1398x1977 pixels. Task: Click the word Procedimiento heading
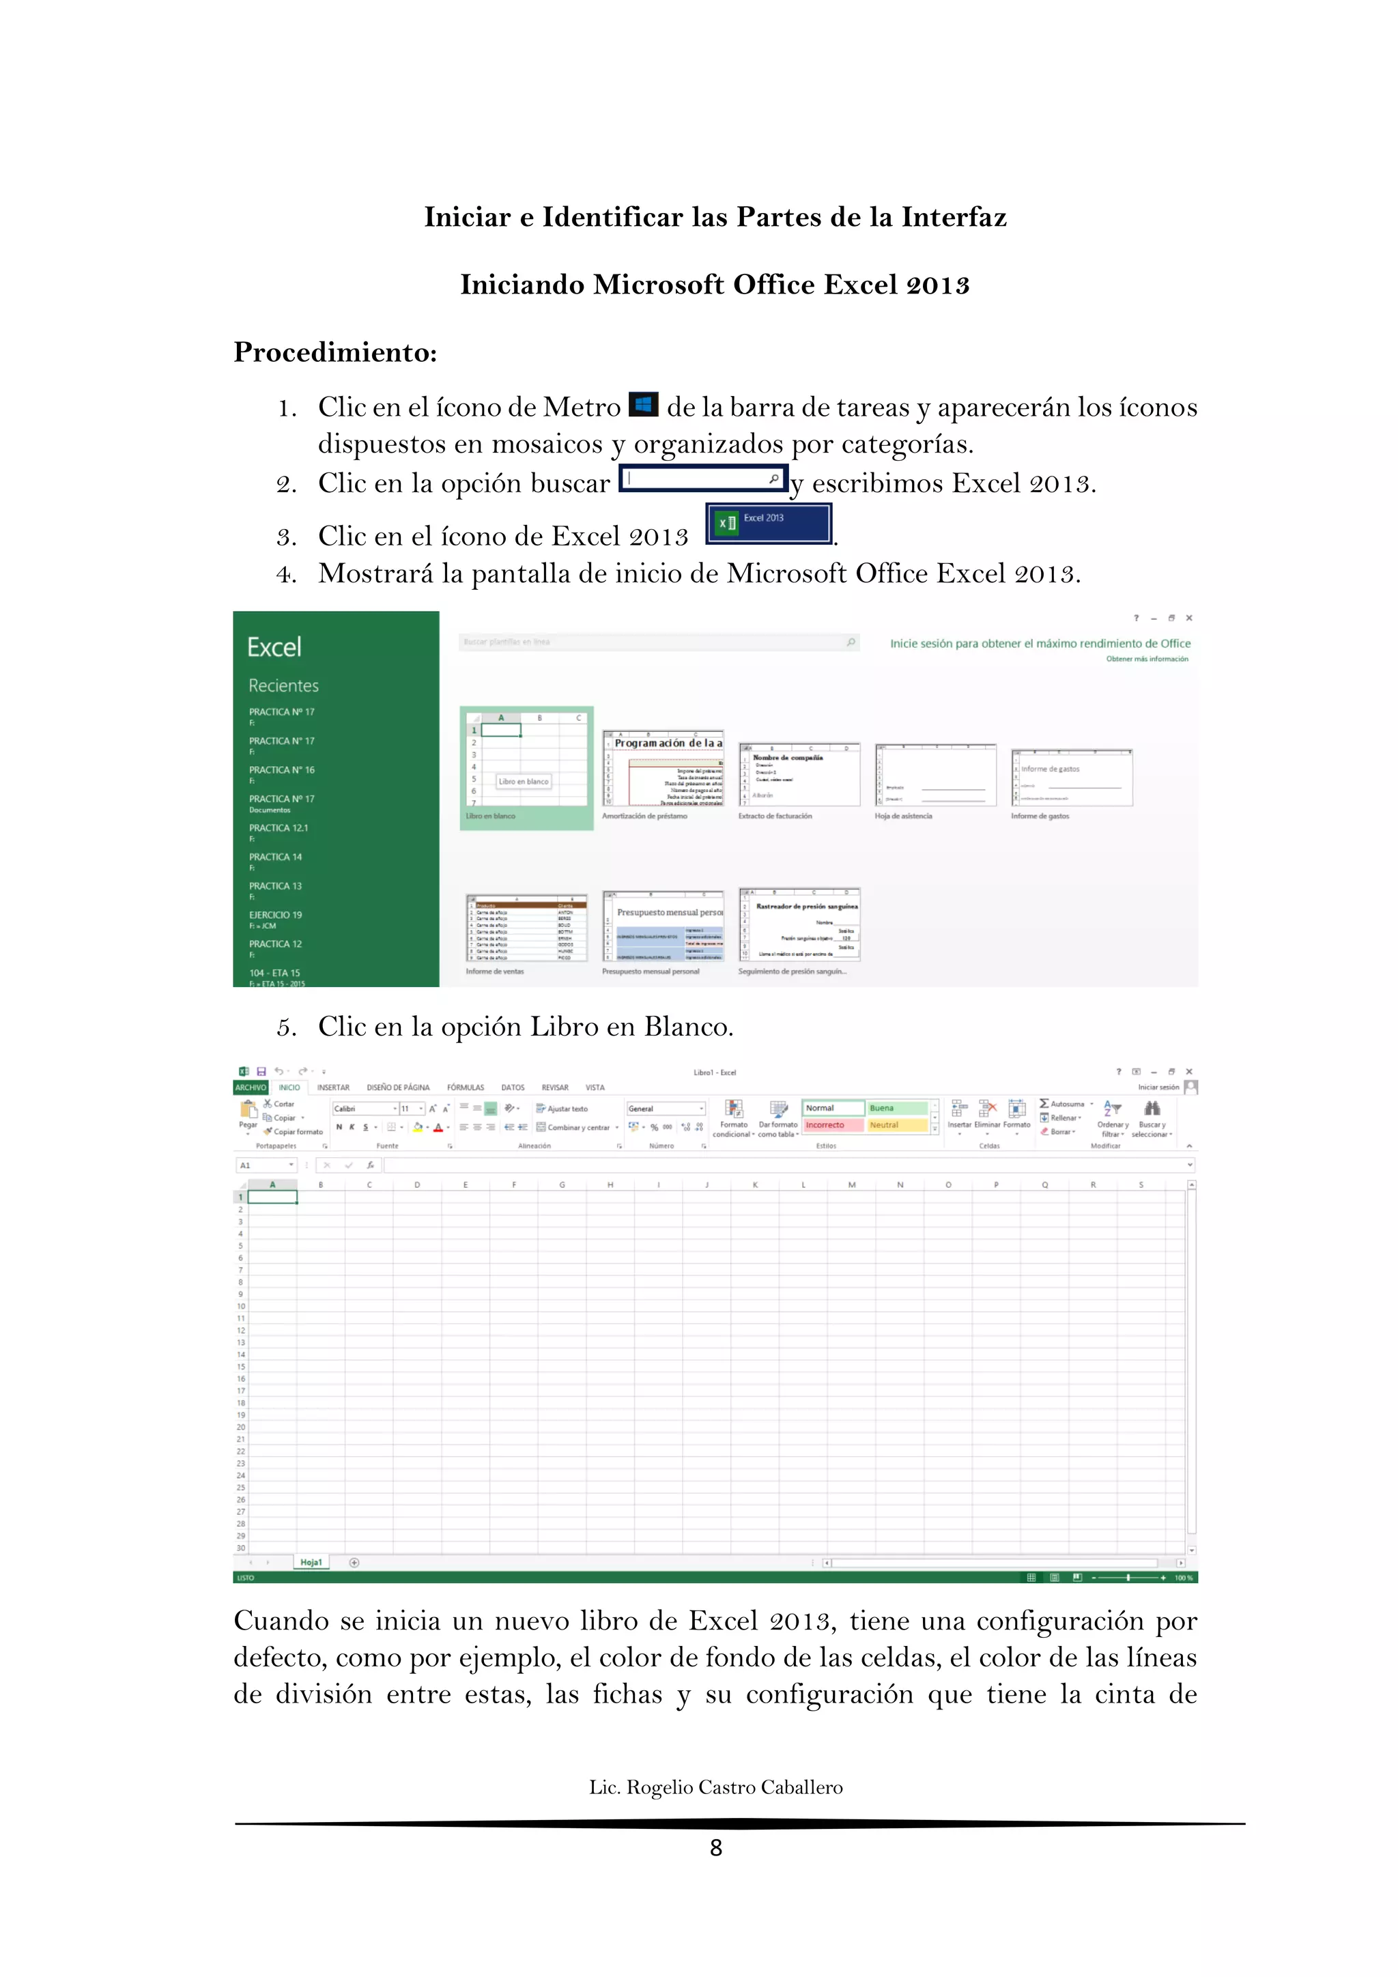(335, 352)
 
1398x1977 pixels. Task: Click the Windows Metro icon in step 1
(643, 404)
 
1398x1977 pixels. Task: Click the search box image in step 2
(703, 479)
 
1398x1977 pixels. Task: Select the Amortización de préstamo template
(663, 768)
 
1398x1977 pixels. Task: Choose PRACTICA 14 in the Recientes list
(276, 857)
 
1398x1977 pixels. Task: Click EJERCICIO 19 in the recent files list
(276, 915)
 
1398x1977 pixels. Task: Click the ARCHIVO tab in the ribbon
(251, 1087)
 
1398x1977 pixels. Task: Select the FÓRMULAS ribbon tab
(466, 1087)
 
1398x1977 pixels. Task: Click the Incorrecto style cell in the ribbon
(831, 1126)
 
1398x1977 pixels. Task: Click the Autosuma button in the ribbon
(1066, 1104)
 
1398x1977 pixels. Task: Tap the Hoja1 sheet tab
(311, 1562)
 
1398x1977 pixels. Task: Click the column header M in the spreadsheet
(851, 1185)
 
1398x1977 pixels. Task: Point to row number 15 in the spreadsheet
(241, 1367)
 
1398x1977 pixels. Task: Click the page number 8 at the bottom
(715, 1847)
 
